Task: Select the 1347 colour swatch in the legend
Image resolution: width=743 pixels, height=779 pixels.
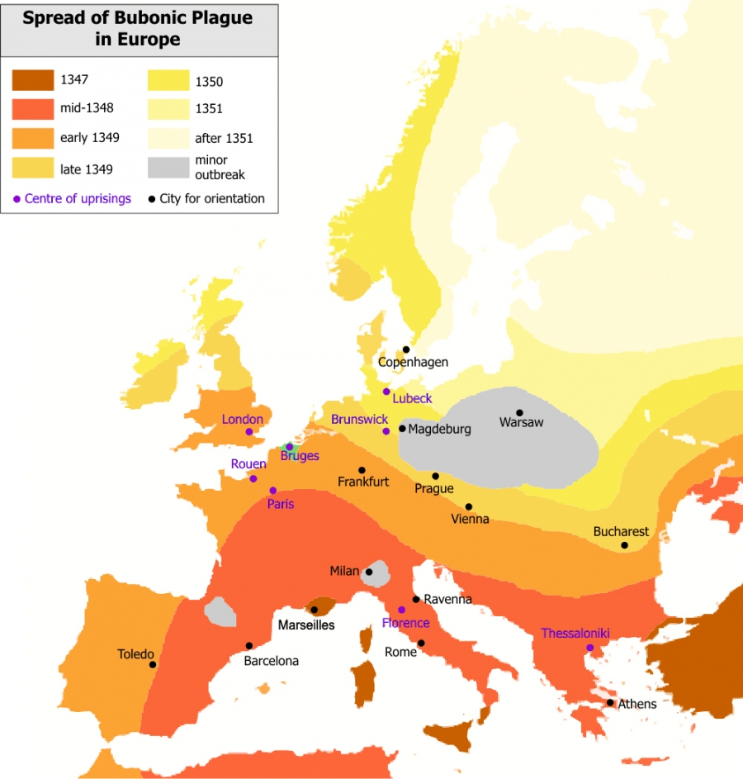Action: pos(33,81)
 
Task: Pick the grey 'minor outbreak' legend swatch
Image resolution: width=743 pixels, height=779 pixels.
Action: pos(169,167)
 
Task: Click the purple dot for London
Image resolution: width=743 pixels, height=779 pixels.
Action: pos(248,431)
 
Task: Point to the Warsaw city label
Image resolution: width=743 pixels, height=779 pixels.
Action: pos(522,423)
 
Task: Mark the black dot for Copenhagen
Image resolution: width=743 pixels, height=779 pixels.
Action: pos(405,349)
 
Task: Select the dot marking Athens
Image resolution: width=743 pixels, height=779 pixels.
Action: pos(610,703)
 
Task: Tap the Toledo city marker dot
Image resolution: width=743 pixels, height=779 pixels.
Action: pos(152,664)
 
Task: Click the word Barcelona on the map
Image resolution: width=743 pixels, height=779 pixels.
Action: pos(271,661)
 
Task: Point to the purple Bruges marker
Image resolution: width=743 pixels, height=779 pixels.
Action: pos(289,446)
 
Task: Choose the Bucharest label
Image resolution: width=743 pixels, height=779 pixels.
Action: pos(621,532)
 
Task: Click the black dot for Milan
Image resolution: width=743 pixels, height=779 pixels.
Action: pos(369,572)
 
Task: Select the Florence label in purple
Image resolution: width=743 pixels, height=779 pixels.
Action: pos(405,623)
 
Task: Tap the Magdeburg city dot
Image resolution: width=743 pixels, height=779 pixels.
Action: pos(402,429)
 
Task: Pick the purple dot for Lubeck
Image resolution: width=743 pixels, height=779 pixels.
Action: pos(386,392)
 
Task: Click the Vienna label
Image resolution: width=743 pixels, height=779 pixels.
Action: pos(470,520)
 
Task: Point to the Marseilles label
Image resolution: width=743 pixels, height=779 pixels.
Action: pos(305,625)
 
